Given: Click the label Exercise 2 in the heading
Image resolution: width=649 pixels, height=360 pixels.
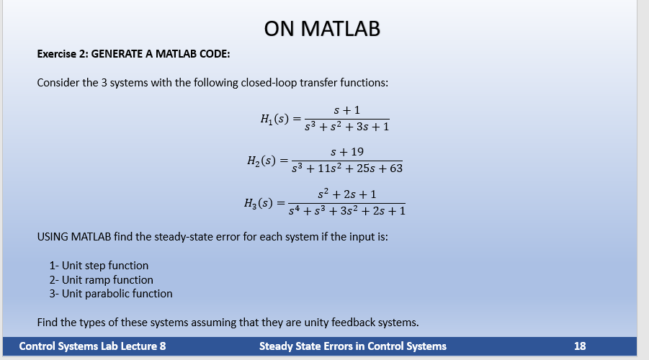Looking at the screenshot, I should [63, 54].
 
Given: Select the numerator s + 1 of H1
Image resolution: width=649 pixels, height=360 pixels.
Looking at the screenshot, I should [347, 110].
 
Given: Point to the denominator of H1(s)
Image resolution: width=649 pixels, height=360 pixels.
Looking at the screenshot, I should [347, 127].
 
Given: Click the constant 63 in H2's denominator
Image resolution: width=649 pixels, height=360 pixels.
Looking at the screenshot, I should [395, 169].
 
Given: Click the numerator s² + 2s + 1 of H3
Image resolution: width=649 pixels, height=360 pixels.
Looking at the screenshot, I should [346, 194].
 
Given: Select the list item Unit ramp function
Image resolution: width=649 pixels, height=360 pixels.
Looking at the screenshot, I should [101, 279].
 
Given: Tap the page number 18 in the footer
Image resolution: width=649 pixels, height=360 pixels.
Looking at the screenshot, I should [580, 346].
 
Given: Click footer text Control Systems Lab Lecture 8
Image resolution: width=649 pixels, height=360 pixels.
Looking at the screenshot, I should [92, 346].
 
